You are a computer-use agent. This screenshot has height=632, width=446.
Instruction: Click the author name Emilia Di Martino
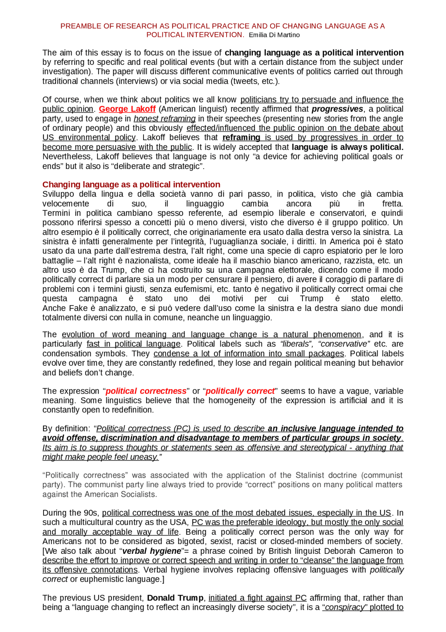tap(274, 35)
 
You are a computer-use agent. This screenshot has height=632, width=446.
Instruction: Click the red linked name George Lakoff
tap(127, 109)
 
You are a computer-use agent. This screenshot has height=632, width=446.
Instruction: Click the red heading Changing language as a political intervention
tap(131, 184)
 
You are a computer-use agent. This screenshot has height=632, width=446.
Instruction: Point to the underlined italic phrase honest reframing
tap(164, 119)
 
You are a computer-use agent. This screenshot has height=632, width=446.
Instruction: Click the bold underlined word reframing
tap(241, 137)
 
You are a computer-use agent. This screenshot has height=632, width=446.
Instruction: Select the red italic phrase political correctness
tap(146, 391)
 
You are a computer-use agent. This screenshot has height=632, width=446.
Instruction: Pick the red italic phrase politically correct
tap(240, 391)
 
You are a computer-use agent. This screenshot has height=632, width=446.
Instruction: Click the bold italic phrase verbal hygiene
tap(152, 551)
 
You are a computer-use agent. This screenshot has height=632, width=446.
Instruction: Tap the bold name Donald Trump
tap(175, 598)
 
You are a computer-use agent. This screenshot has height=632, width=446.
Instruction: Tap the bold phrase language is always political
tap(347, 147)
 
